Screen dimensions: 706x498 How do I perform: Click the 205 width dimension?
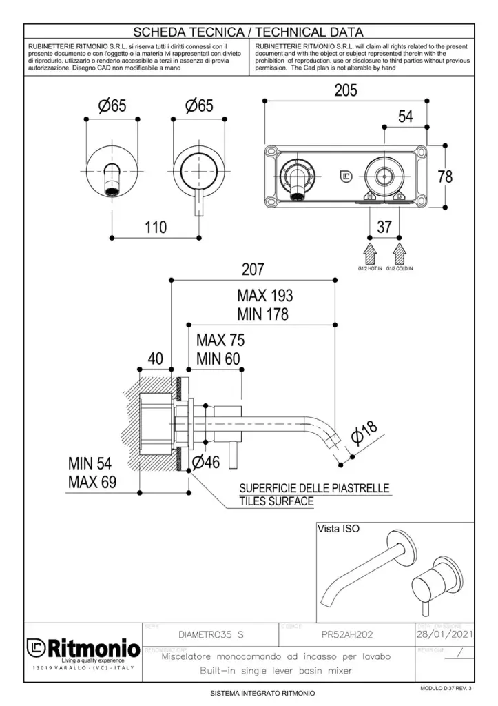point(345,90)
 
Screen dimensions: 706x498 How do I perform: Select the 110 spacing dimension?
point(156,227)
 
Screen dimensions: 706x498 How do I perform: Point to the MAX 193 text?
point(265,296)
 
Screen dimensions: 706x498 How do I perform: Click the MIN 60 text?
point(220,359)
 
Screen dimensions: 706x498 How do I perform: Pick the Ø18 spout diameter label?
point(364,432)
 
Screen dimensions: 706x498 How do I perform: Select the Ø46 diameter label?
point(206,463)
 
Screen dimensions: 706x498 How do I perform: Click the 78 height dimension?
point(445,176)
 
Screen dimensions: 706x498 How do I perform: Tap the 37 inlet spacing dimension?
point(384,226)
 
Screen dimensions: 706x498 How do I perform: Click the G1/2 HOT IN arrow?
point(369,250)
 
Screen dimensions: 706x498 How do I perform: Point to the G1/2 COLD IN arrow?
point(400,250)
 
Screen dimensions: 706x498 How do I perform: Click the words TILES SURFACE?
point(276,501)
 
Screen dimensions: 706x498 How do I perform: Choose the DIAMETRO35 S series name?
point(211,633)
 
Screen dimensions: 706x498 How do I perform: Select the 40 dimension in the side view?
point(156,359)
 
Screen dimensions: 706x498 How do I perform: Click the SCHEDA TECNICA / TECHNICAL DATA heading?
point(248,32)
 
